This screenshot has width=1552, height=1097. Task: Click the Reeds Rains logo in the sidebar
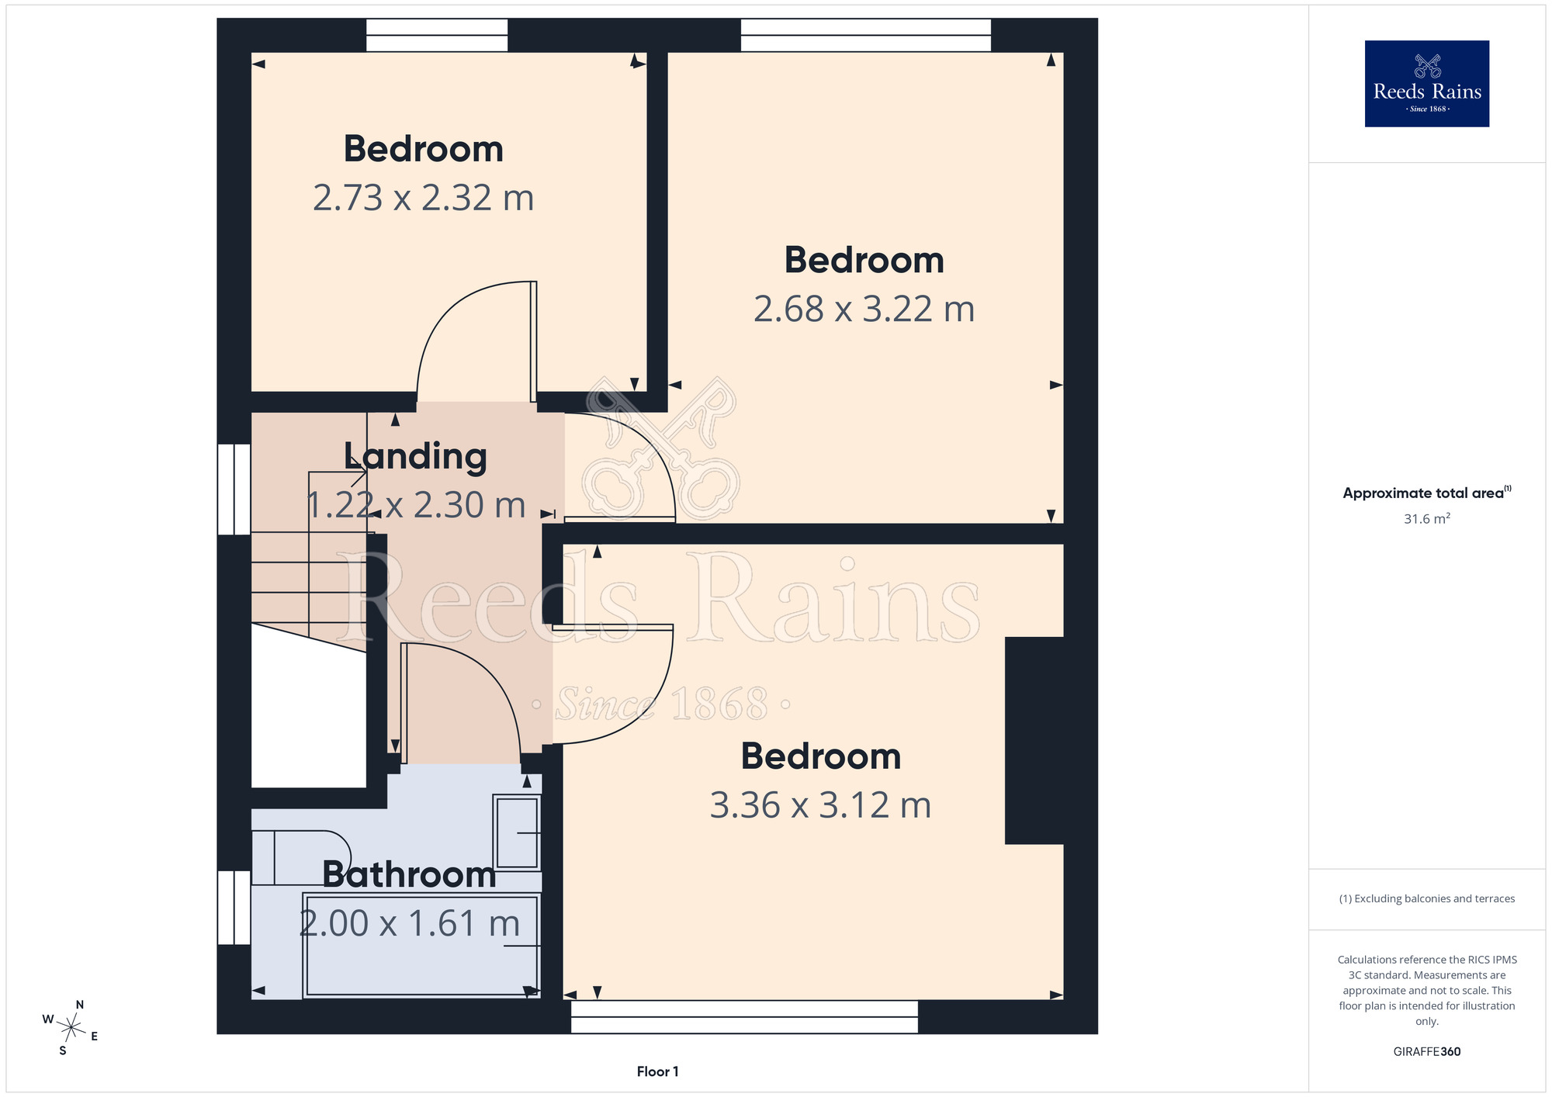[1426, 84]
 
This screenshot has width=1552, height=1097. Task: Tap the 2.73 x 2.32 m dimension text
[424, 198]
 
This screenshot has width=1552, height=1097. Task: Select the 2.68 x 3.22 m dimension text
[864, 309]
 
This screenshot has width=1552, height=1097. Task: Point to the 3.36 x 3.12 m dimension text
[820, 805]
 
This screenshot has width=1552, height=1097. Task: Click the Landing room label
[415, 457]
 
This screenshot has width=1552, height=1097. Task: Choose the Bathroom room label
[409, 874]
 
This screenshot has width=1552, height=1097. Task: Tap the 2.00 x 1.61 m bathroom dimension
[410, 923]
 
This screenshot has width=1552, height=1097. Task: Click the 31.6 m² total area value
[1426, 518]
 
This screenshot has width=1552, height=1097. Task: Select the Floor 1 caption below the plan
[657, 1071]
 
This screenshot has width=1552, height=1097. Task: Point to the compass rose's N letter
[79, 1005]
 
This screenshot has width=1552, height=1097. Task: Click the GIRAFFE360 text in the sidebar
[1426, 1052]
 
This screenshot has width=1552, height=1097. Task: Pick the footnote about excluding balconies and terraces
[1426, 898]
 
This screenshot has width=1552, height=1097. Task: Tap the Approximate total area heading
[1426, 493]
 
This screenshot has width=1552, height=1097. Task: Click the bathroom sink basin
[518, 832]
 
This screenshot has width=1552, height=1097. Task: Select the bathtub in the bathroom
[421, 946]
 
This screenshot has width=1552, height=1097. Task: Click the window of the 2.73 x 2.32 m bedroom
[437, 35]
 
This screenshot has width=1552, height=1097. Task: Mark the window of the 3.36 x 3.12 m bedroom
[744, 1017]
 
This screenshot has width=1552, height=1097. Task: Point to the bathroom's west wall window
[234, 908]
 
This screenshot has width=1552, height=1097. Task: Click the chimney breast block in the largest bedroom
[1034, 740]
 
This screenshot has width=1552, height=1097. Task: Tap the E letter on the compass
[95, 1036]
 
